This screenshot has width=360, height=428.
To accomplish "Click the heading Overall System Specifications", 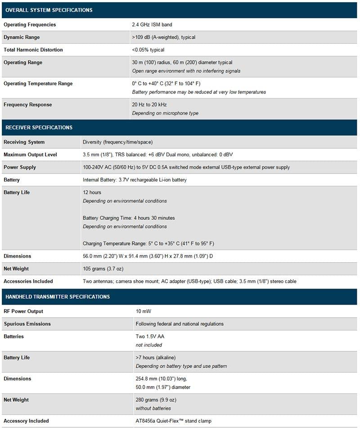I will (x=49, y=10).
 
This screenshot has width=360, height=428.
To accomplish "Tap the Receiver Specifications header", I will (x=39, y=127).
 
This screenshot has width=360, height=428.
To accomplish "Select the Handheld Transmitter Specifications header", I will (x=58, y=297).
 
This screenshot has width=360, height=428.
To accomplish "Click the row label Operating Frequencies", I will (x=30, y=25).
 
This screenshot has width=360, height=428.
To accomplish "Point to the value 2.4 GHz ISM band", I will (x=152, y=25).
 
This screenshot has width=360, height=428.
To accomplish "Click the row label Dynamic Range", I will (x=22, y=37).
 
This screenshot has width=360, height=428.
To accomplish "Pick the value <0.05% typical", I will (x=148, y=50).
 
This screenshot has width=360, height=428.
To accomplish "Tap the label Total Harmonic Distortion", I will (x=33, y=50).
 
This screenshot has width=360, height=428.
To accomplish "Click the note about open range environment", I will (x=186, y=71).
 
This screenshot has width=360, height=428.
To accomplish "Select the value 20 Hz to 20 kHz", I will (x=149, y=105).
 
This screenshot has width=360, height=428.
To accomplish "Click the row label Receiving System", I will (x=24, y=142).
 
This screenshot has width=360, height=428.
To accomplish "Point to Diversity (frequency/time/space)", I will (x=118, y=142).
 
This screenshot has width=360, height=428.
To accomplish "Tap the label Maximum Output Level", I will (x=30, y=155).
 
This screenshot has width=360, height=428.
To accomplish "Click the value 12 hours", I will (x=92, y=192).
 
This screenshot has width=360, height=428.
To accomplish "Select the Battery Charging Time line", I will (x=129, y=218).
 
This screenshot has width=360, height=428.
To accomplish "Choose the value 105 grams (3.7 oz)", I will (x=103, y=269).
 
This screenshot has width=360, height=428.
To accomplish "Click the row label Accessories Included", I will (x=28, y=282).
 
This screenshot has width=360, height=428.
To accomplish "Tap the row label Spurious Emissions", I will (x=27, y=324).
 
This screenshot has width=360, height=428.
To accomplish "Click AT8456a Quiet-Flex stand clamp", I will (x=174, y=421).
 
